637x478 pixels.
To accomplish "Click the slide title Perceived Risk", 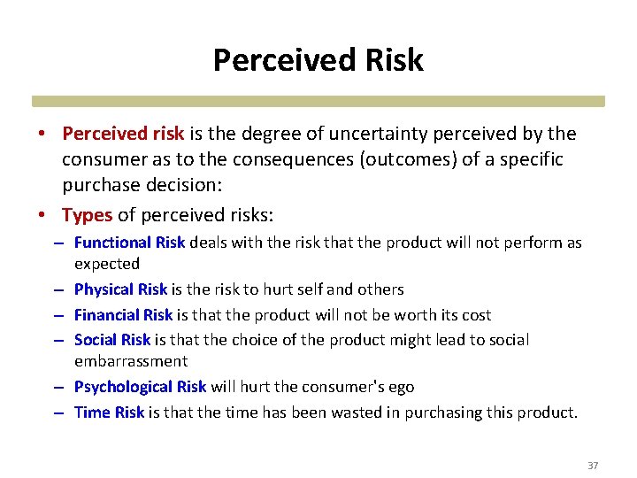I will click(x=318, y=60).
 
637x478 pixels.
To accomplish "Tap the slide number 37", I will click(x=593, y=466).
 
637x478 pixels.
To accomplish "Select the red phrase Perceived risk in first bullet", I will click(x=123, y=134).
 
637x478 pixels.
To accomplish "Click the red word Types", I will click(x=87, y=214).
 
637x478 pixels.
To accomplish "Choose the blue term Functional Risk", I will click(x=129, y=243).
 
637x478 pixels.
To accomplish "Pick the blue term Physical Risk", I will click(x=120, y=289).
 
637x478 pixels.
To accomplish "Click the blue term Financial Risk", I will click(x=123, y=315).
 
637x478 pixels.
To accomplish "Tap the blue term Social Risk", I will click(x=112, y=340).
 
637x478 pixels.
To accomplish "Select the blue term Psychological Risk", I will click(x=140, y=387).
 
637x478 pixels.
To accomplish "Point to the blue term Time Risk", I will click(x=109, y=412).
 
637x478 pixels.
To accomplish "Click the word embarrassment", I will click(x=131, y=361).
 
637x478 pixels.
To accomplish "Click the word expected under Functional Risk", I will click(x=107, y=264).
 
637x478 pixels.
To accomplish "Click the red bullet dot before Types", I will click(x=42, y=215).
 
